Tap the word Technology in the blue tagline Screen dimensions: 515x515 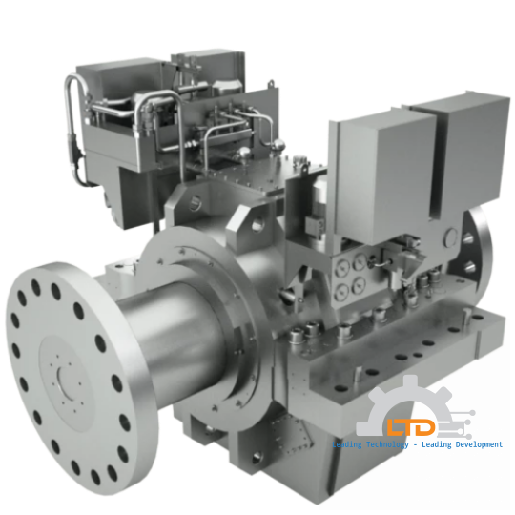[x=388, y=445]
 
